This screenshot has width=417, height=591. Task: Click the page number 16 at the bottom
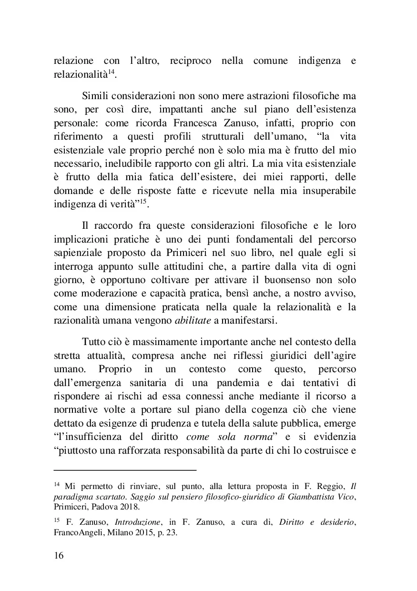point(58,556)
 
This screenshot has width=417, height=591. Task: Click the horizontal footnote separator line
point(125,470)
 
